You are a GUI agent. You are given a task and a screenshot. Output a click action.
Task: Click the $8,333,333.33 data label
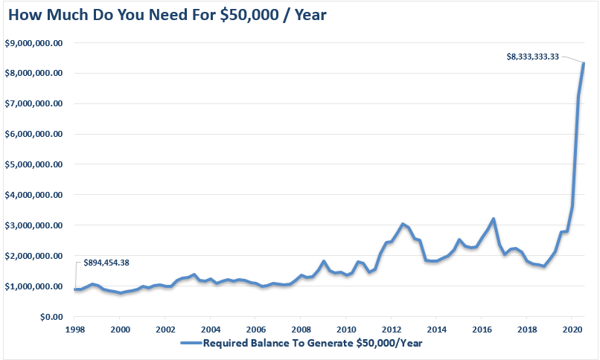[532, 56]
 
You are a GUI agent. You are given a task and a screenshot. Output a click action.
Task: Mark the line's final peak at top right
[584, 63]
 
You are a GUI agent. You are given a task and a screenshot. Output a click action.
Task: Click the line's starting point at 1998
[74, 289]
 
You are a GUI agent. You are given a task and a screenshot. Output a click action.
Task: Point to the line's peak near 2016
[493, 219]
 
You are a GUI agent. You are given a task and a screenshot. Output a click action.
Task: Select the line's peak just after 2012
[403, 224]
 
